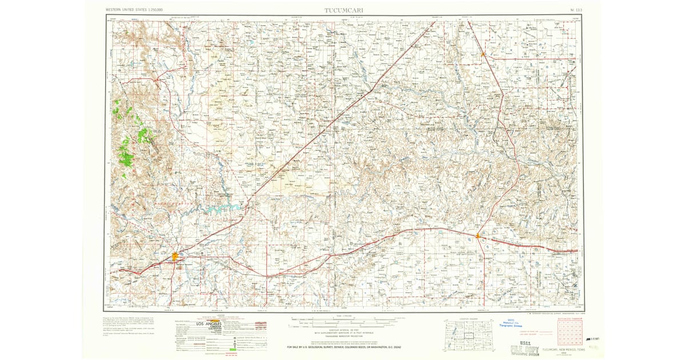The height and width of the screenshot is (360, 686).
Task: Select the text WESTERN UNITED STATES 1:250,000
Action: click(x=134, y=10)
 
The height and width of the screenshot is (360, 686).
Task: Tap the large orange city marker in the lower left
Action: click(x=175, y=257)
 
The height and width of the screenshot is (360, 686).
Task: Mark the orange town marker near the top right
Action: click(x=483, y=55)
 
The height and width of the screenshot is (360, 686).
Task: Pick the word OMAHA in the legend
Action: click(x=214, y=329)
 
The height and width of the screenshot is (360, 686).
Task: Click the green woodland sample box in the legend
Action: click(x=231, y=349)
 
